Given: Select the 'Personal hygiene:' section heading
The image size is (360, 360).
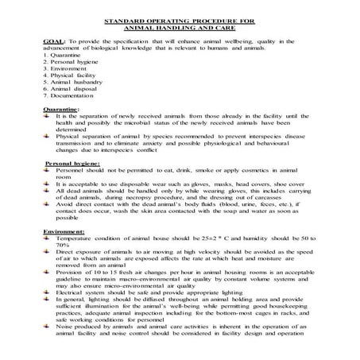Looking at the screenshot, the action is coord(68,184).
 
